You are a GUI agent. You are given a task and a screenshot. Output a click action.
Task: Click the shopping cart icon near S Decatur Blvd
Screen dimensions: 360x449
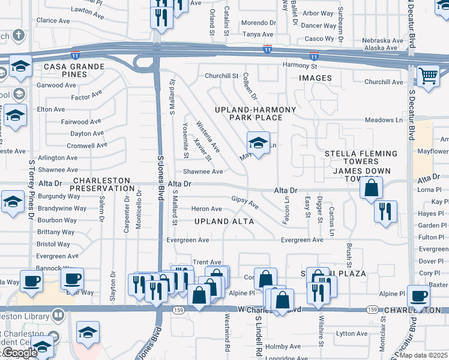[x=428, y=77]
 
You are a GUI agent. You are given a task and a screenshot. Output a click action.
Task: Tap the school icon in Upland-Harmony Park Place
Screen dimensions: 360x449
[x=258, y=143]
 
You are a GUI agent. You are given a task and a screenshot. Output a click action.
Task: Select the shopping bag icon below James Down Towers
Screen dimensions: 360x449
[x=372, y=187]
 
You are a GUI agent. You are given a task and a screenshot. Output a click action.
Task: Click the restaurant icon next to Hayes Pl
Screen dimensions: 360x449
[x=385, y=211]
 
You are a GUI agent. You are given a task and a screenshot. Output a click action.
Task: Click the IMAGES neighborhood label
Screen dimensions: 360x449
[x=315, y=78]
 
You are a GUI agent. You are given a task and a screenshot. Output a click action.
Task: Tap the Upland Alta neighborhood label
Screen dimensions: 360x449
[x=224, y=221]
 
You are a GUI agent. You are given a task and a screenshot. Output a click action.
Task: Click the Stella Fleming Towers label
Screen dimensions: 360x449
[x=360, y=158]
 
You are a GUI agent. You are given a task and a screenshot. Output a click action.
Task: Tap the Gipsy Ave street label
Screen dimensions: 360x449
[x=246, y=202]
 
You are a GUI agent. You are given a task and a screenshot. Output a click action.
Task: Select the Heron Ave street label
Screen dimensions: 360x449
[x=206, y=209]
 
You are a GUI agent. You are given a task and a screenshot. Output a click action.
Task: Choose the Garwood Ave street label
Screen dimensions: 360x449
[x=56, y=85]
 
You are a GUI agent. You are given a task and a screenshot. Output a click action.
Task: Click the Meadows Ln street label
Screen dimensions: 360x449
[x=384, y=120]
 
